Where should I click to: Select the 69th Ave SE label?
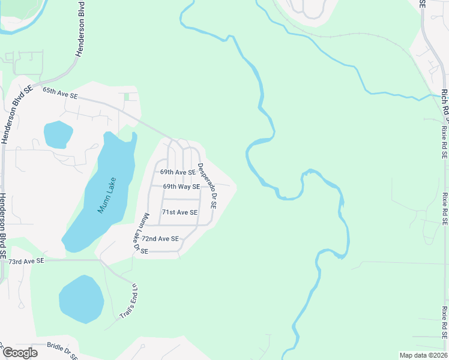(178, 172)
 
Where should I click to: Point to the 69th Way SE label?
(181, 187)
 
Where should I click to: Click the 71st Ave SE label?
(179, 212)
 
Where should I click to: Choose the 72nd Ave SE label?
(160, 239)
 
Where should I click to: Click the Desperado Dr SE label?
(207, 185)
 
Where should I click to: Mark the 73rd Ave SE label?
(27, 261)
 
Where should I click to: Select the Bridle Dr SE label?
(62, 351)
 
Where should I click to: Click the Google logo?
(20, 353)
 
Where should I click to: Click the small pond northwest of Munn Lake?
(58, 134)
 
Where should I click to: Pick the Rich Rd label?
(445, 103)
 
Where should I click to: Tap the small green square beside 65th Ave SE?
(126, 97)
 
